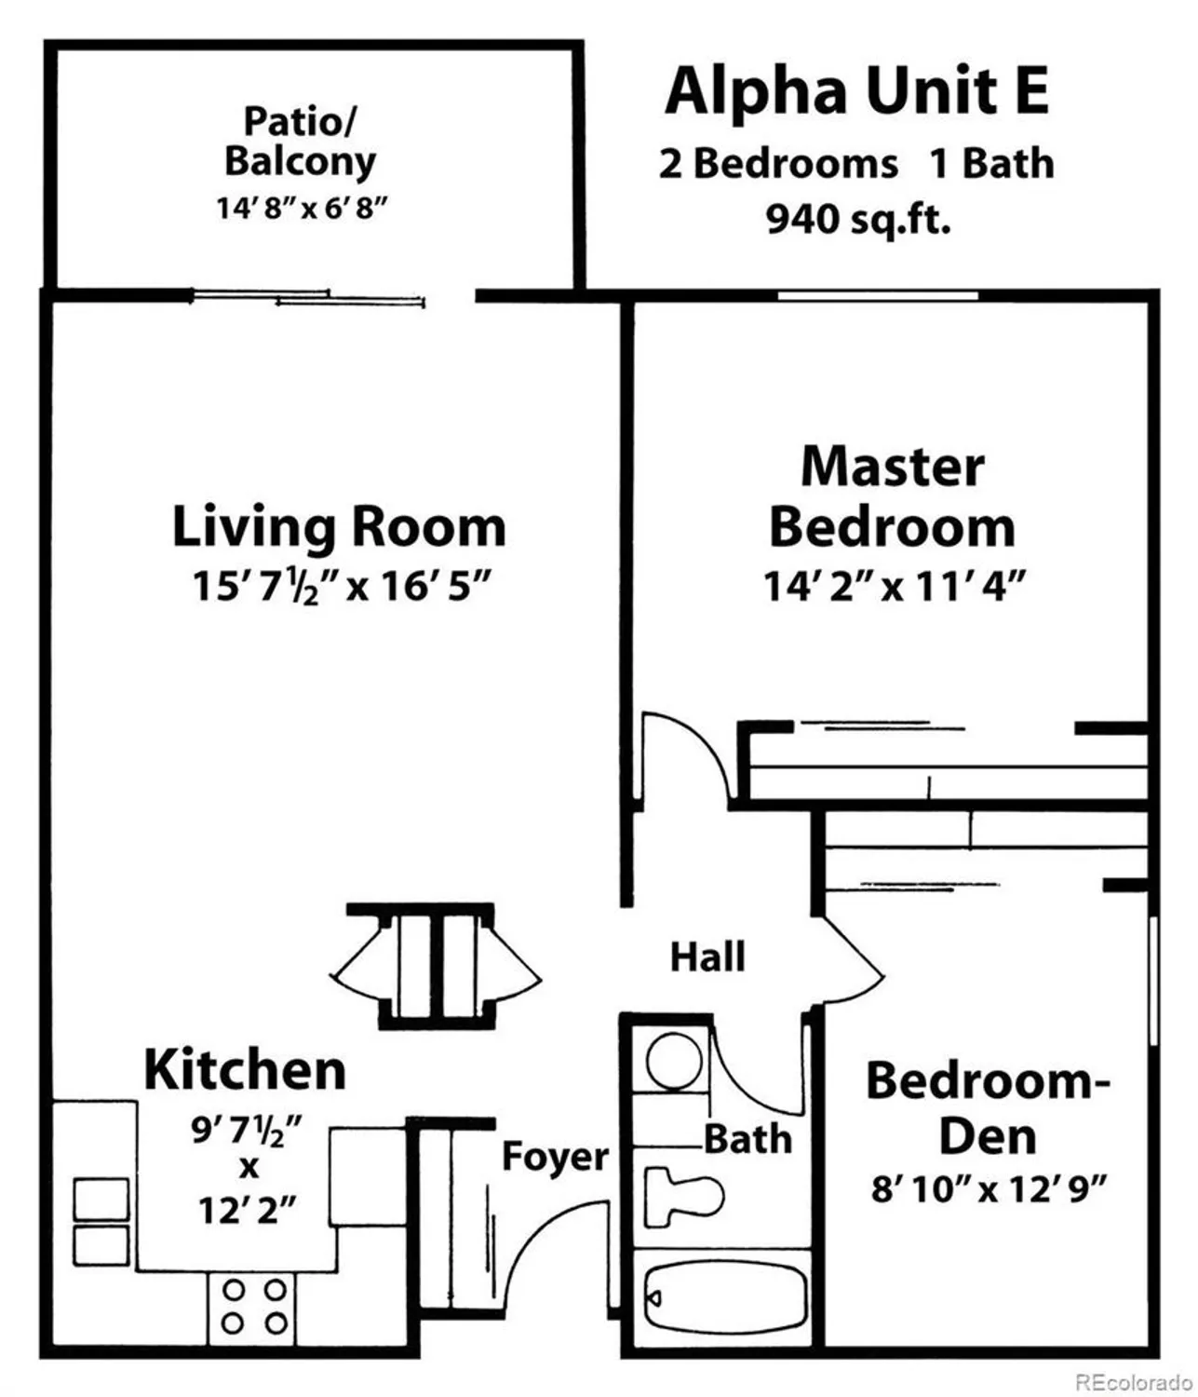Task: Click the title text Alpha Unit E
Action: point(856,91)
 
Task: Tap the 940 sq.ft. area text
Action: point(858,220)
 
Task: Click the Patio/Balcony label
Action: point(300,142)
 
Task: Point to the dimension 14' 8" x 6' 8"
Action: point(302,207)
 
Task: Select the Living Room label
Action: point(339,526)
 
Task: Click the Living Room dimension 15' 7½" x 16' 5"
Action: point(341,587)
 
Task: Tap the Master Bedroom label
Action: point(892,496)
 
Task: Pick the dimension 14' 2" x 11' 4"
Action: point(894,587)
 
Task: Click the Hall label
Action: point(707,956)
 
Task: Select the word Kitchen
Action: point(245,1070)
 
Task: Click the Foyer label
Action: point(555,1157)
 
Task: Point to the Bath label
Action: point(747,1139)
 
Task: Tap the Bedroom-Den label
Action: point(988,1108)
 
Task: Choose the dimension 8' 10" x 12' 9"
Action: point(989,1189)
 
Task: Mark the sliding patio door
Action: point(307,297)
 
